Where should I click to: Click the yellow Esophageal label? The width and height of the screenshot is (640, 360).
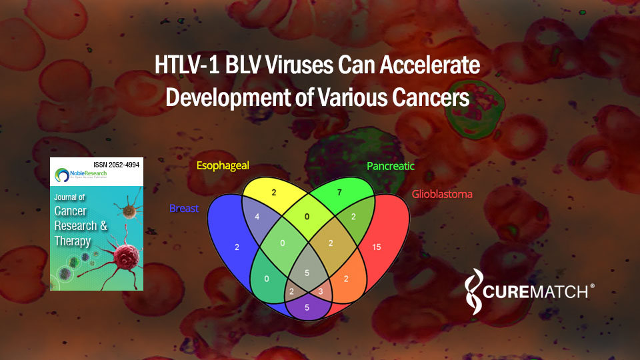coord(222,166)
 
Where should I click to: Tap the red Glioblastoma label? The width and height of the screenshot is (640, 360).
coord(443,194)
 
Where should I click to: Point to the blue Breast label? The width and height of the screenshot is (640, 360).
coord(184,208)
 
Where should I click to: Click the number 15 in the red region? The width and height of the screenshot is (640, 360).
coord(377,248)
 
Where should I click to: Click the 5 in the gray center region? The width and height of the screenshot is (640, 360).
coord(306,272)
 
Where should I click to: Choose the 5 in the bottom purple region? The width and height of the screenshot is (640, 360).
coord(306,307)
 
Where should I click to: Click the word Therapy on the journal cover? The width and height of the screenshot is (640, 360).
coord(73,241)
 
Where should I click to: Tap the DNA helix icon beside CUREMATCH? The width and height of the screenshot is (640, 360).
coord(474,291)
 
